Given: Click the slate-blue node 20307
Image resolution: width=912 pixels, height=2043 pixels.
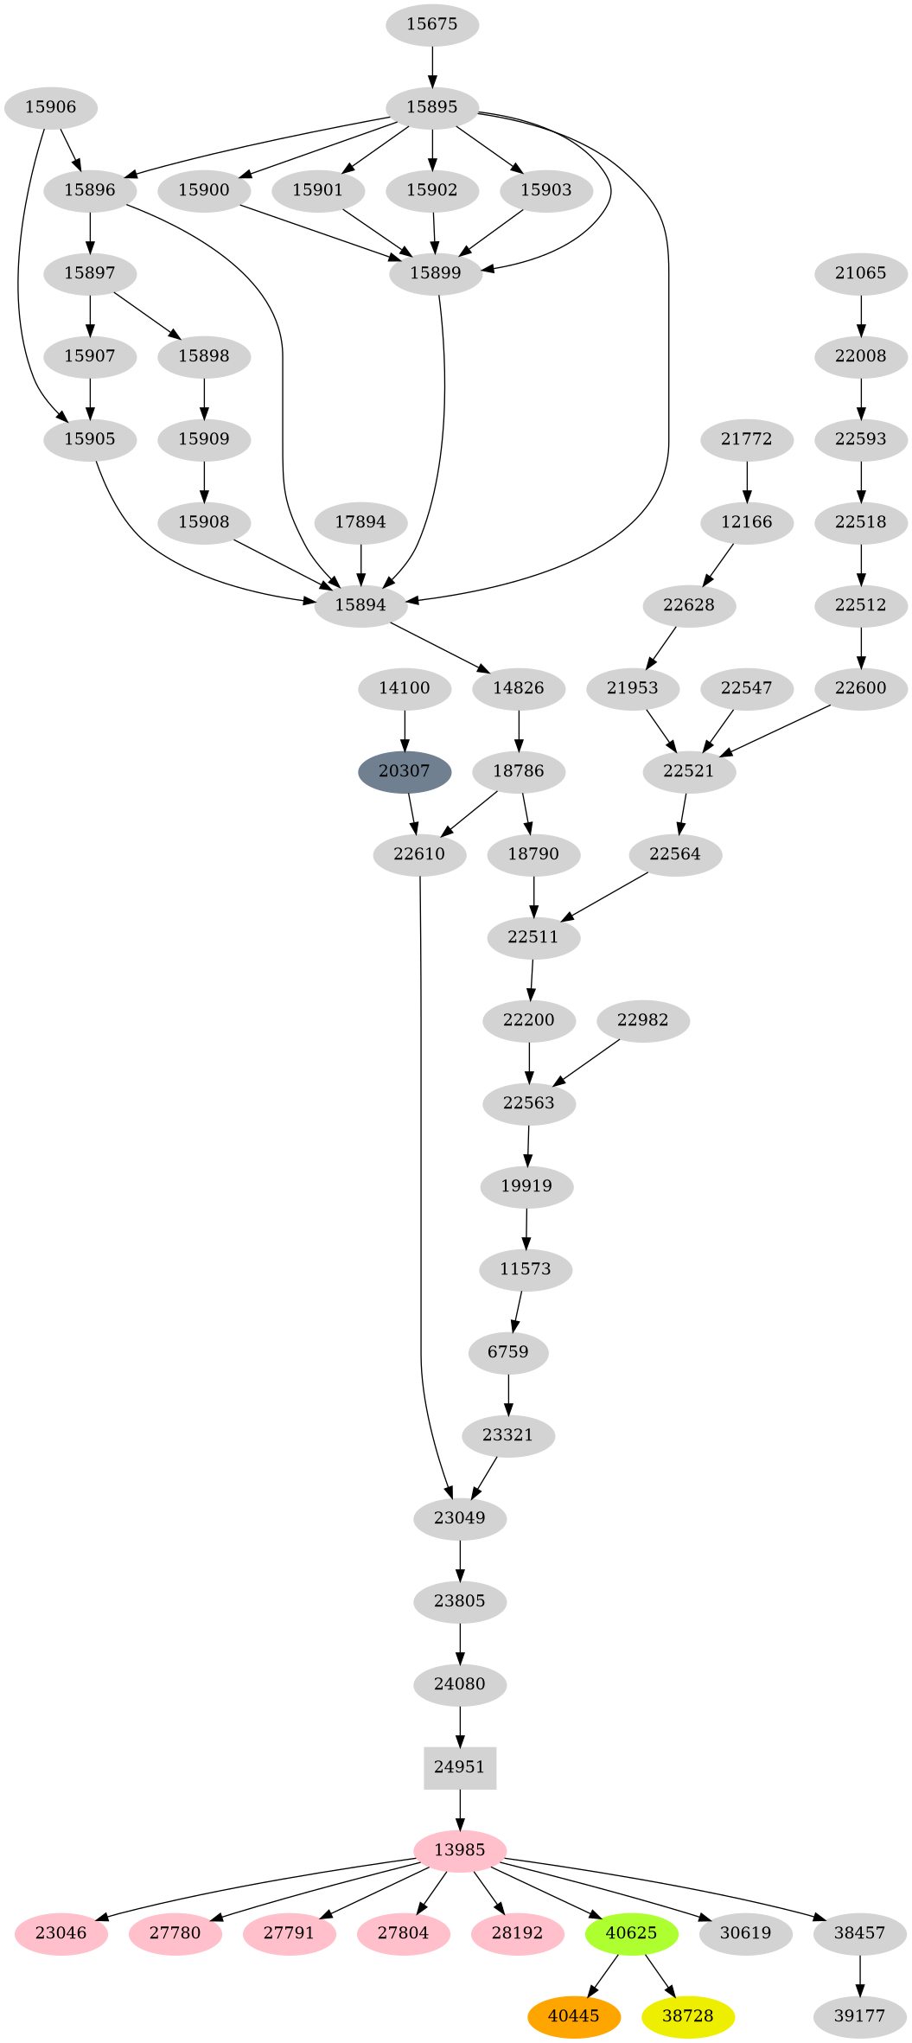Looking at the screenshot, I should tap(405, 771).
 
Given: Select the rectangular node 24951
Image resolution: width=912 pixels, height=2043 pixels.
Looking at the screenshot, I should tap(460, 1767).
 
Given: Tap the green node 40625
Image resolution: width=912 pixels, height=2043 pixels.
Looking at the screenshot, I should tap(632, 1933).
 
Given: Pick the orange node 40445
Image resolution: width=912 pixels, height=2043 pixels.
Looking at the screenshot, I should tap(574, 2016).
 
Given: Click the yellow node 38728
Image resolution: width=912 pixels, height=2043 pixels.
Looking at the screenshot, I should tap(688, 2016).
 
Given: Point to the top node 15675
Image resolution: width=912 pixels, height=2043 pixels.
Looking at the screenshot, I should tap(432, 24).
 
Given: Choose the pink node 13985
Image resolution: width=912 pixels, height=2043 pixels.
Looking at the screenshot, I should tap(460, 1850).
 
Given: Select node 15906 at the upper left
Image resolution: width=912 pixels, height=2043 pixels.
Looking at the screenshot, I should tap(51, 107).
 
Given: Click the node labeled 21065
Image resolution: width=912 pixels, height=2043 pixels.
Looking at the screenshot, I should tap(861, 273).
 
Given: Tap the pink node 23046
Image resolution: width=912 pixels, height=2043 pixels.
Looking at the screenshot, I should tap(61, 1933).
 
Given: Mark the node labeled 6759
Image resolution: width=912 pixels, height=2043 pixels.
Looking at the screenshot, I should tap(508, 1352).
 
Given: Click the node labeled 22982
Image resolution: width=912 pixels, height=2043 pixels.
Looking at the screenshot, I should tap(643, 1020).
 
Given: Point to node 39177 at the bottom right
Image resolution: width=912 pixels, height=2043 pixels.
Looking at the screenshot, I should tap(860, 2016).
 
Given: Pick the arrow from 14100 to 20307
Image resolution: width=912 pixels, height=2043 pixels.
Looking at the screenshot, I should tap(405, 730).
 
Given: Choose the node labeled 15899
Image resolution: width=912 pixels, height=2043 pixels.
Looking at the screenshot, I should tap(436, 273).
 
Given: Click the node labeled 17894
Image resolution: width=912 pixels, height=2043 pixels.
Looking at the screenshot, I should tap(360, 522).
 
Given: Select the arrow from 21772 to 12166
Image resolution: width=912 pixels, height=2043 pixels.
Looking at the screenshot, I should tap(747, 481).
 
